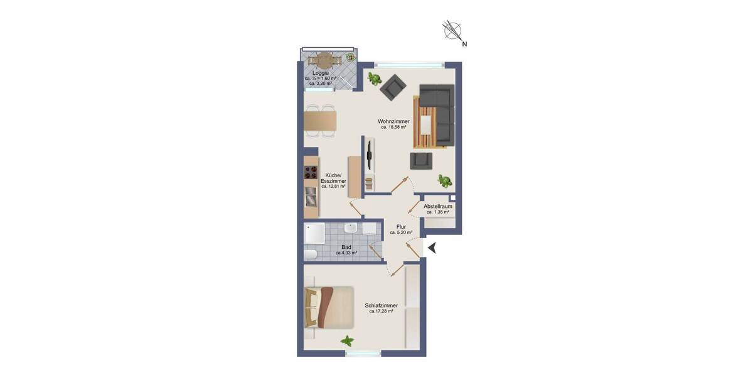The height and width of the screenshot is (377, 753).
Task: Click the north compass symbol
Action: click(x=452, y=30)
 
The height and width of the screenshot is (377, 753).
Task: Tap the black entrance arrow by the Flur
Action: click(x=432, y=248)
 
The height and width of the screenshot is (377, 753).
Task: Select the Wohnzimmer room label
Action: click(x=393, y=121)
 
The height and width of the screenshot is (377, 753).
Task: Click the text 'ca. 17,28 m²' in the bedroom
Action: click(x=381, y=311)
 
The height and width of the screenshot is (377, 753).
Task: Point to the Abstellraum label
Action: click(x=438, y=206)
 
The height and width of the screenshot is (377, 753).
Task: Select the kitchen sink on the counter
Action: click(x=311, y=200)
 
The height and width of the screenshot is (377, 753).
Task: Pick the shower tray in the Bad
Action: click(x=314, y=234)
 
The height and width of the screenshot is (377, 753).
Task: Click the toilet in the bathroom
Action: click(x=311, y=254)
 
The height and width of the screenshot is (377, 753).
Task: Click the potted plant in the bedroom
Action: click(x=347, y=341)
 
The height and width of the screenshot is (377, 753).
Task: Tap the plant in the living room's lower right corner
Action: click(x=445, y=181)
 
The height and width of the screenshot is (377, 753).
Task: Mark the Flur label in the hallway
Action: click(x=401, y=226)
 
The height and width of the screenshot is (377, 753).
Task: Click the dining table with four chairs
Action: click(x=320, y=121)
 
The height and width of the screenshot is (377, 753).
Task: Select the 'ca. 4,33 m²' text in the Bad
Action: click(x=346, y=253)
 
